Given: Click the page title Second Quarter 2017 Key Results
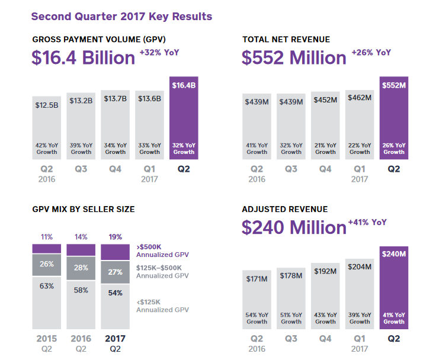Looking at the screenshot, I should pyautogui.click(x=121, y=16).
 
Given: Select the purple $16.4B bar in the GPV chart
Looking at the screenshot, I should pyautogui.click(x=184, y=118).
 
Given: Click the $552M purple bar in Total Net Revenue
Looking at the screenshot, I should pyautogui.click(x=394, y=118).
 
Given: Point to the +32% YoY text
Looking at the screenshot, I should pyautogui.click(x=159, y=53).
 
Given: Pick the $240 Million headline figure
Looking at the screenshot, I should pyautogui.click(x=293, y=227).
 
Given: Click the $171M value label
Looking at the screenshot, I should pyautogui.click(x=257, y=278).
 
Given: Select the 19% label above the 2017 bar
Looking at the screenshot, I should pyautogui.click(x=115, y=237).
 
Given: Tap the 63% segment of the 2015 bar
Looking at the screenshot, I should pyautogui.click(x=46, y=302).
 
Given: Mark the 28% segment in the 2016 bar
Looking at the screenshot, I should pyautogui.click(x=81, y=268).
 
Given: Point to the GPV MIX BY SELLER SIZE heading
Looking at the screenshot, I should pyautogui.click(x=84, y=209).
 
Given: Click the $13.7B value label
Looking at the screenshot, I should pyautogui.click(x=115, y=98).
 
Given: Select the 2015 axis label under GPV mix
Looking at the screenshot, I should pyautogui.click(x=46, y=339).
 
